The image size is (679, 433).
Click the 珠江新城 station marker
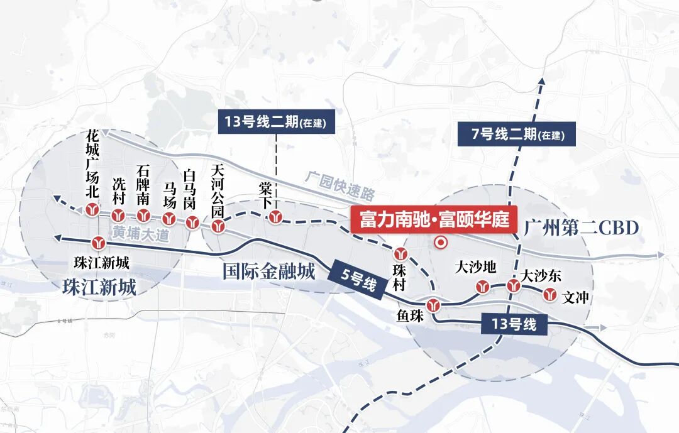tap(99, 243)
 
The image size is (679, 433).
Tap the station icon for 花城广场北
tap(93, 210)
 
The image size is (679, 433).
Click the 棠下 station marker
tap(275, 217)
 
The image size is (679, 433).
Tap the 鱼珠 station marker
tap(433, 305)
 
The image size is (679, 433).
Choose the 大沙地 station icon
tap(483, 287)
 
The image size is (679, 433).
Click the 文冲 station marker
tap(550, 293)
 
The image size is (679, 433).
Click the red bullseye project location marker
tap(441, 242)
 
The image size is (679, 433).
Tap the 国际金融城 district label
tap(268, 271)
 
